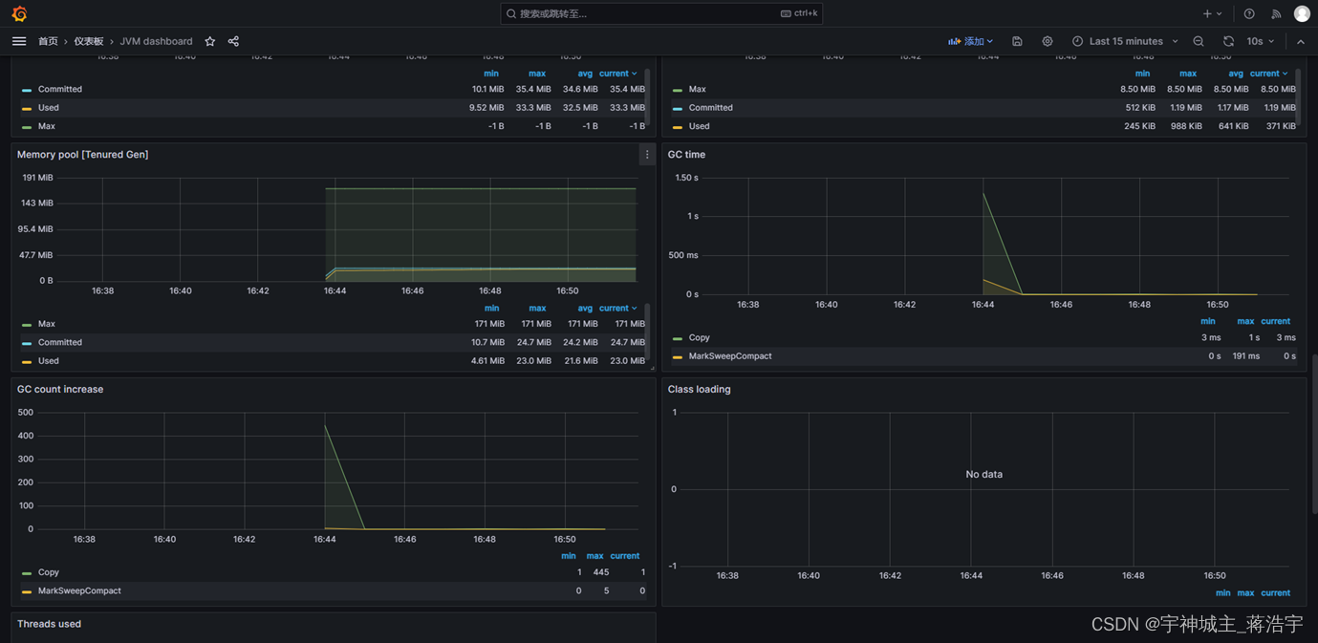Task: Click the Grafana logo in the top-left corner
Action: click(x=19, y=13)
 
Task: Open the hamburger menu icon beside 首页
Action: click(x=19, y=41)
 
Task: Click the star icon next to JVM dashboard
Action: click(x=210, y=41)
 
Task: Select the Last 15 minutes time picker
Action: click(x=1125, y=41)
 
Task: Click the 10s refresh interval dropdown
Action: click(x=1261, y=41)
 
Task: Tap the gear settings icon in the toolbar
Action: click(x=1048, y=41)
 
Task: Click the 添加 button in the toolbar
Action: click(x=970, y=41)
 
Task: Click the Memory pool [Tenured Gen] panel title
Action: click(x=82, y=155)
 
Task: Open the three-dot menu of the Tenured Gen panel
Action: click(x=647, y=155)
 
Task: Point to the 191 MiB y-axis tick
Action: click(x=37, y=178)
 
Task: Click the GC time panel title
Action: click(x=686, y=155)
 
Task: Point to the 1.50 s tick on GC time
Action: click(x=686, y=178)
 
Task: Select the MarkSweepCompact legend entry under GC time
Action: click(x=729, y=356)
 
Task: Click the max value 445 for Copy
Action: click(x=600, y=572)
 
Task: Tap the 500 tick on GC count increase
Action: click(x=25, y=413)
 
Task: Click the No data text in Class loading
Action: click(x=983, y=474)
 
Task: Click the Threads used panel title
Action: click(x=49, y=624)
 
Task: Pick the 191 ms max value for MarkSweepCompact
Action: click(x=1245, y=356)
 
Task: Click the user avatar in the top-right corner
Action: click(x=1302, y=13)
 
